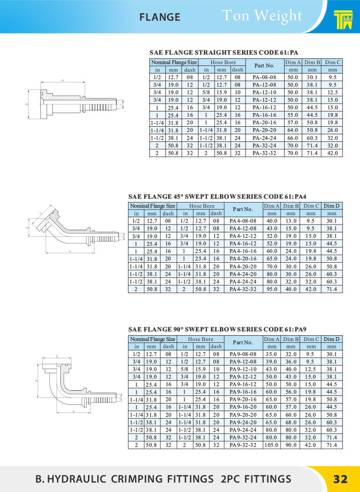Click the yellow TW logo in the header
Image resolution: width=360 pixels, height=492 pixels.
point(343,19)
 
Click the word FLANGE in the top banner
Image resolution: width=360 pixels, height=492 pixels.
point(160,17)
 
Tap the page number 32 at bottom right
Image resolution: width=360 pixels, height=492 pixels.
point(340,479)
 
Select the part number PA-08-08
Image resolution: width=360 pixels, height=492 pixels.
point(264,77)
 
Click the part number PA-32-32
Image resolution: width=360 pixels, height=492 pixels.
point(264,153)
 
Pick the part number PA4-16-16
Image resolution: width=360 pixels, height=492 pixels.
point(243,251)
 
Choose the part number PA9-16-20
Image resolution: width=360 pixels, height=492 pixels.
point(243,407)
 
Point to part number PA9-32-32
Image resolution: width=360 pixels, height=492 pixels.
point(243,445)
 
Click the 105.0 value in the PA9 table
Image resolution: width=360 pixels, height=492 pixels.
point(271,445)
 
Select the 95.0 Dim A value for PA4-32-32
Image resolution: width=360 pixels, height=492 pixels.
point(271,289)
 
